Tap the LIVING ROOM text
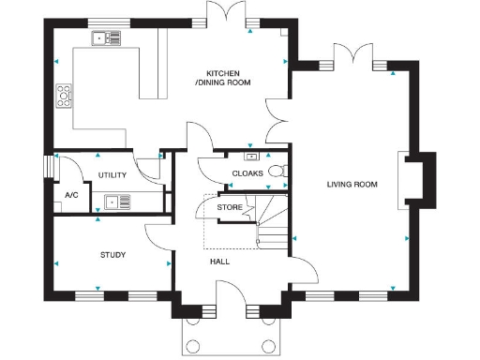click(352, 185)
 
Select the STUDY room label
click(113, 254)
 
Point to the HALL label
click(219, 262)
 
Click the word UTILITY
click(112, 175)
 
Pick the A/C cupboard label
click(71, 195)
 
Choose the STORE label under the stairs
click(230, 207)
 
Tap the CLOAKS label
click(247, 174)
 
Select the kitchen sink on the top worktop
click(107, 38)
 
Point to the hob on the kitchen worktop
click(65, 94)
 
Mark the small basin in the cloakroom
click(251, 156)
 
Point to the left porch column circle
click(194, 344)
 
